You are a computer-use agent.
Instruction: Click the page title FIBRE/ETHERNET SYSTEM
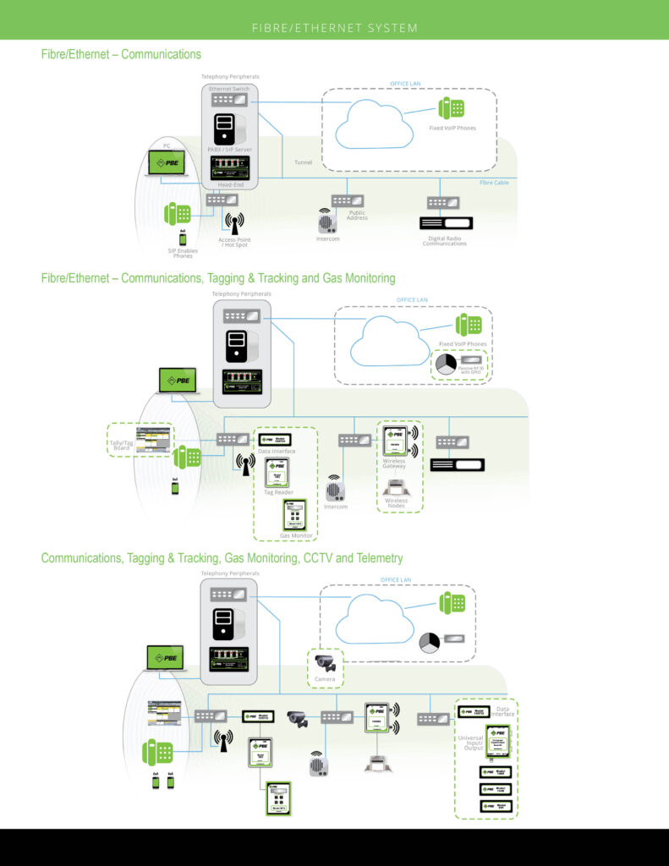pyautogui.click(x=335, y=28)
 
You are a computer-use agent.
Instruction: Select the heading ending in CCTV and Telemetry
pyautogui.click(x=222, y=558)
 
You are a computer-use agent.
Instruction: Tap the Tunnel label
pyautogui.click(x=304, y=162)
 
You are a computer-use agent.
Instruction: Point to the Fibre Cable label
pyautogui.click(x=493, y=182)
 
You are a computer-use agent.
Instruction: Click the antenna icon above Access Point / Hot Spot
pyautogui.click(x=233, y=222)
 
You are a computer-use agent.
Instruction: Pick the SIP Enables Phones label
pyautogui.click(x=182, y=252)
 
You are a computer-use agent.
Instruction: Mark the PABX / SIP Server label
pyautogui.click(x=230, y=150)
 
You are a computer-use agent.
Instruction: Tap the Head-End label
pyautogui.click(x=231, y=185)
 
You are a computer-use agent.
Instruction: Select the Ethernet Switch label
pyautogui.click(x=229, y=88)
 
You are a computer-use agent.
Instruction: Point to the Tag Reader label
pyautogui.click(x=277, y=492)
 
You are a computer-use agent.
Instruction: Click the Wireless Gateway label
pyautogui.click(x=394, y=463)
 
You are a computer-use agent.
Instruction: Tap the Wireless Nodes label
pyautogui.click(x=396, y=502)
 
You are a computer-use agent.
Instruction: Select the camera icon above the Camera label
pyautogui.click(x=325, y=663)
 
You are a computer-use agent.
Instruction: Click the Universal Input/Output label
pyautogui.click(x=471, y=743)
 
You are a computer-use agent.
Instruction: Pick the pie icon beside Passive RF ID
pyautogui.click(x=446, y=364)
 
